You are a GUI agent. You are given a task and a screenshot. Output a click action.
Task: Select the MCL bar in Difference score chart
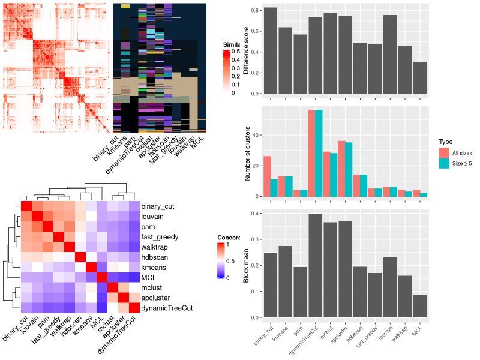(420, 78)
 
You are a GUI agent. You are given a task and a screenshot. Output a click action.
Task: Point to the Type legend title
(445, 142)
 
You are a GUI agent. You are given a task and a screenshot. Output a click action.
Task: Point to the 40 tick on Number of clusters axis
(257, 135)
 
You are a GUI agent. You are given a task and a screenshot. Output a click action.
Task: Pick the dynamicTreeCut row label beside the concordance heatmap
(168, 308)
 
